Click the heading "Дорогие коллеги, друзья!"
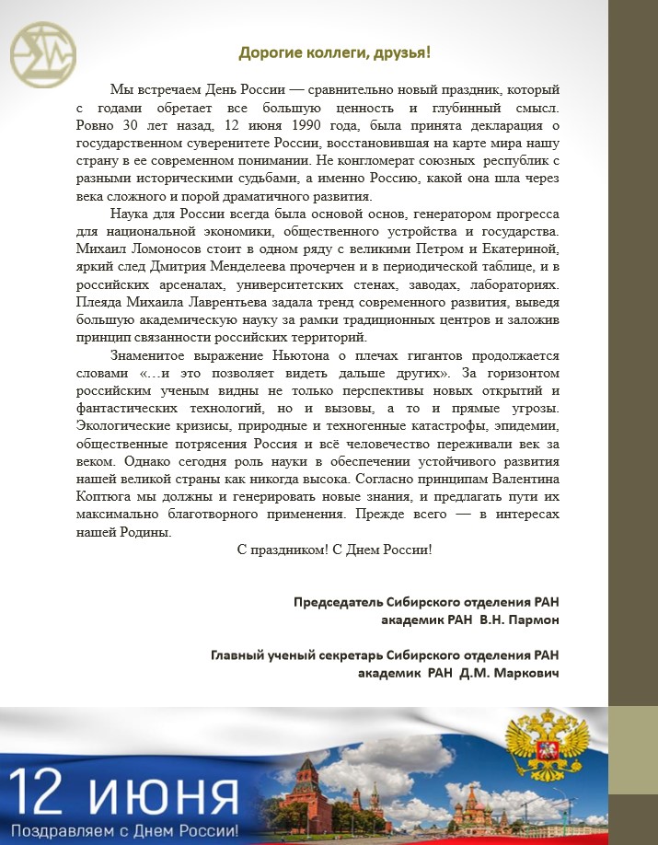tap(334, 52)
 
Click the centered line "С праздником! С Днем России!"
tap(334, 550)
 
